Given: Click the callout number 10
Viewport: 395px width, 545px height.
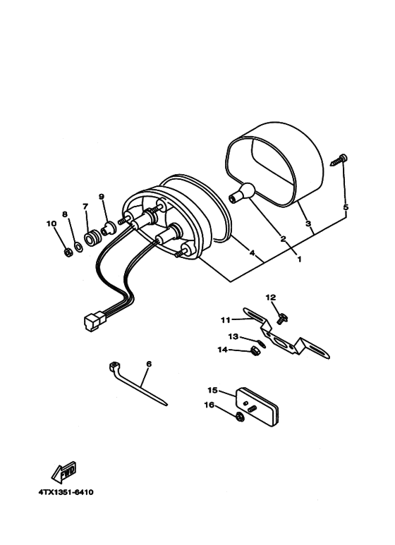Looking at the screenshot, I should (x=51, y=223).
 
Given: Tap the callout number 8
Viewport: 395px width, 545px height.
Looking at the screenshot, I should (x=64, y=214).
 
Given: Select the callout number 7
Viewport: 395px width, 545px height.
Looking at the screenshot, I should (x=85, y=206).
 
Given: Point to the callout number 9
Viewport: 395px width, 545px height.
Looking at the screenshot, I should (x=101, y=197).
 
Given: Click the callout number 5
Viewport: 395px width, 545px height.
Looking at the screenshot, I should (x=346, y=207).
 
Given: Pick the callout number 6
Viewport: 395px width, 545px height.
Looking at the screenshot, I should (x=149, y=364).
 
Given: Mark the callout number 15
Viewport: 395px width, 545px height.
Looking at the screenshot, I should (x=212, y=390).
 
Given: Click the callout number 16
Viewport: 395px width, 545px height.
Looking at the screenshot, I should (x=209, y=405).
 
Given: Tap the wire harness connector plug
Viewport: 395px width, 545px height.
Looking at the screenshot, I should (x=92, y=322).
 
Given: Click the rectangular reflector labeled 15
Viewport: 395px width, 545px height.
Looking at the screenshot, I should (x=258, y=407).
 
